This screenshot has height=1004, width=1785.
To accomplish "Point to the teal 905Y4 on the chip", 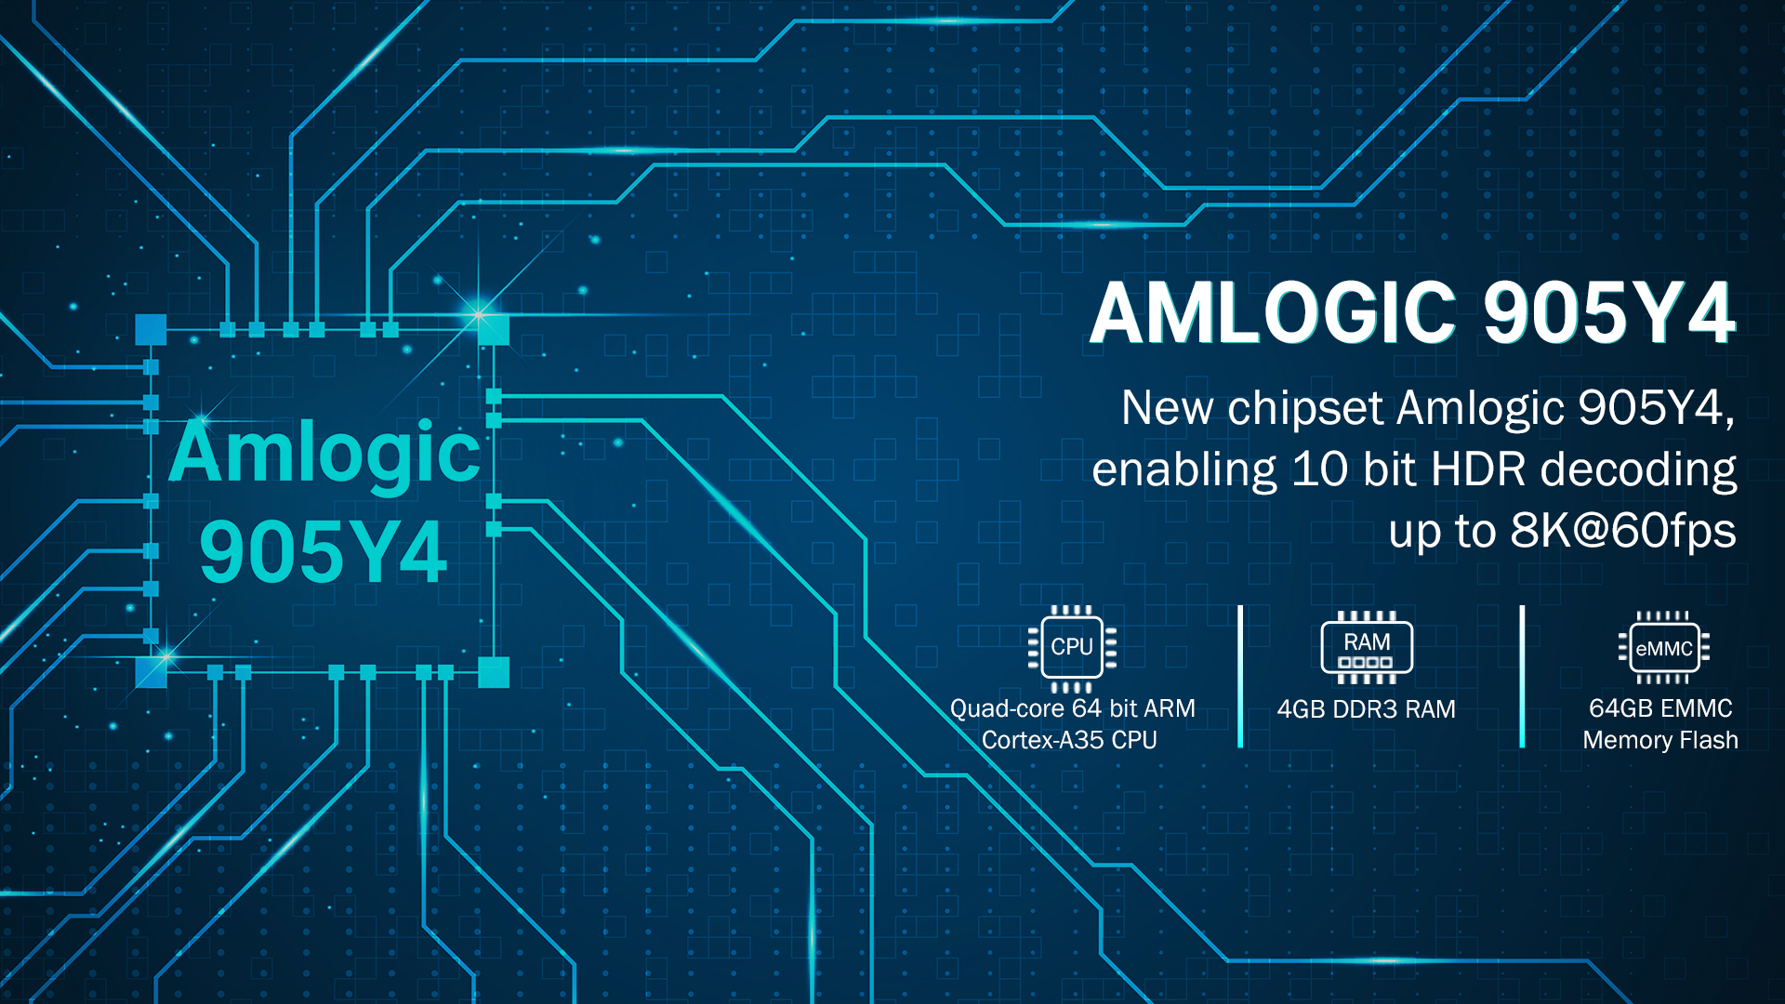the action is coord(323,551).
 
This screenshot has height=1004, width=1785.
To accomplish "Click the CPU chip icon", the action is coord(1072,648).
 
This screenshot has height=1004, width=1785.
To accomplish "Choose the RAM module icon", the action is coord(1367,647).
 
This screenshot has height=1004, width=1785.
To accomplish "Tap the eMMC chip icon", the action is coord(1664,648).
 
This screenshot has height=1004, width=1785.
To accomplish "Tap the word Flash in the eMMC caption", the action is coord(1709,740).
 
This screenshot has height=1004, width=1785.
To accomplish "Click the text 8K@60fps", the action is coord(1623,531).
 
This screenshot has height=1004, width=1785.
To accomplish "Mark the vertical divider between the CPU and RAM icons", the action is coord(1240,676).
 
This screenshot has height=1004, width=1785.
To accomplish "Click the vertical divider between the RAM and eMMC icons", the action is coord(1522,676).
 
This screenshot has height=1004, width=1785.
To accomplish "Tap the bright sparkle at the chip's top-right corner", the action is coord(480,314).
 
